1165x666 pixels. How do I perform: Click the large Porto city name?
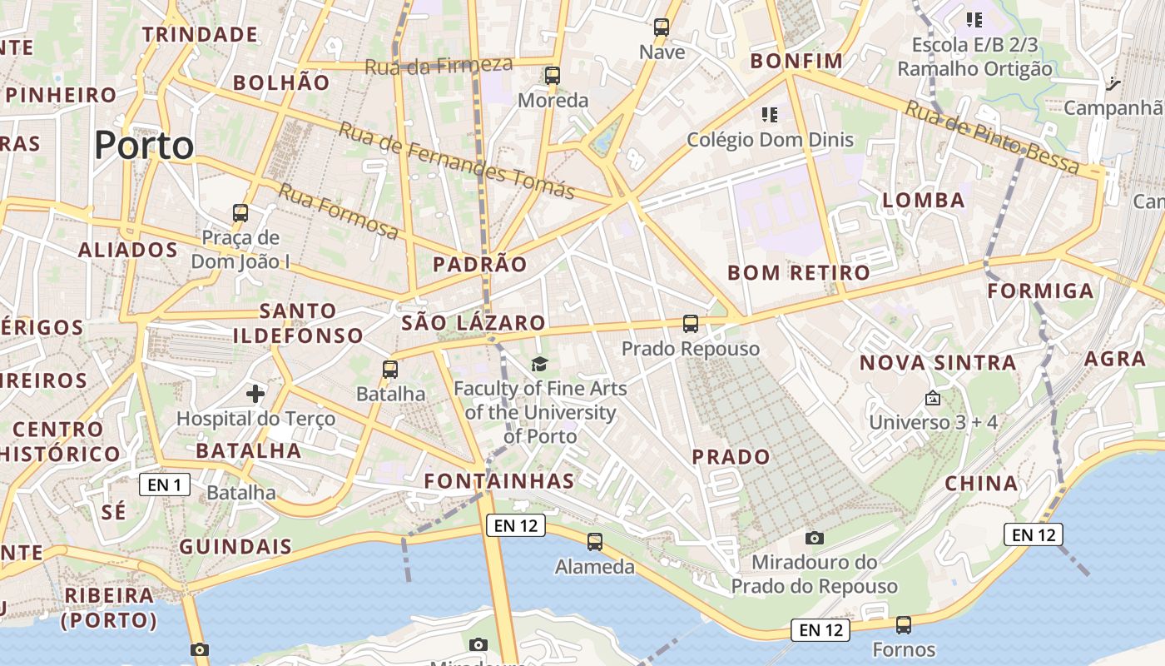[x=144, y=146]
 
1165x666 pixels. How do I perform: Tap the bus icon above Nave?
[x=662, y=27]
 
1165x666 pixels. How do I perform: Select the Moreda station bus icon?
[x=553, y=76]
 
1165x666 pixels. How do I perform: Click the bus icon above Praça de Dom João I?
[x=240, y=213]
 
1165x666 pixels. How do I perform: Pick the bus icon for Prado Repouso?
[x=691, y=324]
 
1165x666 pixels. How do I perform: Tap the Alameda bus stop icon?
[x=595, y=542]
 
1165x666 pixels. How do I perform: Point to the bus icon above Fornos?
[x=904, y=624]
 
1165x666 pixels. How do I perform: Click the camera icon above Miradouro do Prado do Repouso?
[x=815, y=538]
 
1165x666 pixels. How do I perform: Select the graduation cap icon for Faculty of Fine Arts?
[x=540, y=364]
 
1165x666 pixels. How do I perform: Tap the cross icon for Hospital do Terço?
[x=255, y=393]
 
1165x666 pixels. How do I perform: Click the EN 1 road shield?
[x=165, y=485]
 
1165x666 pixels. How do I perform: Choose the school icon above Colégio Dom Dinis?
[x=770, y=114]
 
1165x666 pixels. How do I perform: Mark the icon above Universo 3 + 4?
[x=932, y=399]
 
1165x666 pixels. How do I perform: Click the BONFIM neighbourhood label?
[x=796, y=61]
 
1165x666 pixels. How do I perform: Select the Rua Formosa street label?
[x=338, y=211]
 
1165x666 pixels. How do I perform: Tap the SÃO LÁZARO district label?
[x=473, y=323]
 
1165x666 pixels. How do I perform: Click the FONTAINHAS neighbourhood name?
[x=498, y=481]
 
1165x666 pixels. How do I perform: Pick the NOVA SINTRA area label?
[x=938, y=363]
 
